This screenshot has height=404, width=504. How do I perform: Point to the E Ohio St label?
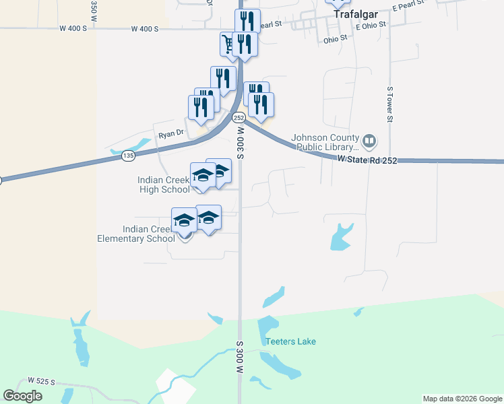coord(370,25)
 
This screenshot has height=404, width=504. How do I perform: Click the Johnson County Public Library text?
coord(323,143)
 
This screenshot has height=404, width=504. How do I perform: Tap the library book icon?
coord(369,141)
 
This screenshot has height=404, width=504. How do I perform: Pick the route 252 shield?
coord(239,118)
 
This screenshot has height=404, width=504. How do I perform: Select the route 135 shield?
coord(129,156)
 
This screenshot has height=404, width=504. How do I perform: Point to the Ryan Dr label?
coord(170,134)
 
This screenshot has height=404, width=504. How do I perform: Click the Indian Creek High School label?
coord(164,184)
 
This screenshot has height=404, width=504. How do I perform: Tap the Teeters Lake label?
coord(290,341)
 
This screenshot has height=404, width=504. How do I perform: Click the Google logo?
coord(23,396)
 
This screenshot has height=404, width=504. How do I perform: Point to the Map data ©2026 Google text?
coord(462,399)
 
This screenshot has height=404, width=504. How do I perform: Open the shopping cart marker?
coord(228,44)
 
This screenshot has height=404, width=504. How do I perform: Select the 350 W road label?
coord(94,9)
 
